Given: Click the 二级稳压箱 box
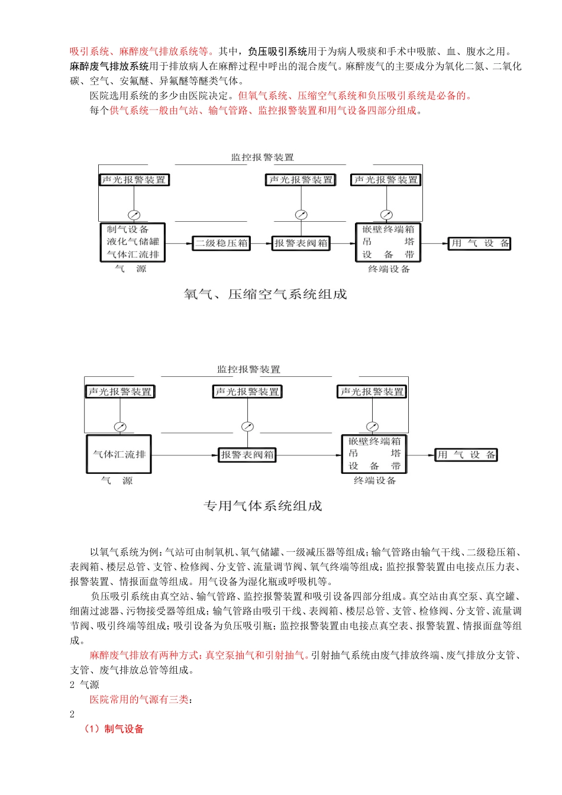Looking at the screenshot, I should tap(222, 243).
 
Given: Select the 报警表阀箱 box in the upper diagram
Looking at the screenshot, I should tap(301, 243).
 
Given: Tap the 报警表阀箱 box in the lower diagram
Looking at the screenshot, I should tap(247, 455).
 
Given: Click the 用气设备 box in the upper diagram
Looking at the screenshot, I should tap(479, 243).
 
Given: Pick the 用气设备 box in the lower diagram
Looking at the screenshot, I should tap(466, 455).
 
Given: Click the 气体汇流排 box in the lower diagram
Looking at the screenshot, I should tap(119, 454).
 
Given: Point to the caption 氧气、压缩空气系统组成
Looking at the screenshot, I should tap(265, 294).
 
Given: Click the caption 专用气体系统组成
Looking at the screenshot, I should tap(263, 506).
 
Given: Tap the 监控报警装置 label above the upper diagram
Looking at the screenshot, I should tap(262, 157).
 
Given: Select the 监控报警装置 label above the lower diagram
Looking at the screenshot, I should tap(248, 369).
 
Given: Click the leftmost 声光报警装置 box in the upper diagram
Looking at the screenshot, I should tap(134, 180).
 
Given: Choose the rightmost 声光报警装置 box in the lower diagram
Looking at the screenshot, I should tap(372, 392).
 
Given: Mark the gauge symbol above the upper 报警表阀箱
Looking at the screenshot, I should tap(301, 215).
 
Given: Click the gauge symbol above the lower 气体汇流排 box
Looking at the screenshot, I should tap(120, 426).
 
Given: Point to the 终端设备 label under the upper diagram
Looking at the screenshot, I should tap(389, 269).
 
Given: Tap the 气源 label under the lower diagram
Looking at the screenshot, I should tap(117, 481).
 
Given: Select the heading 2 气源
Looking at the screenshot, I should tap(85, 684).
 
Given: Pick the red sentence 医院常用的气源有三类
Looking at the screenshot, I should tap(141, 699).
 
